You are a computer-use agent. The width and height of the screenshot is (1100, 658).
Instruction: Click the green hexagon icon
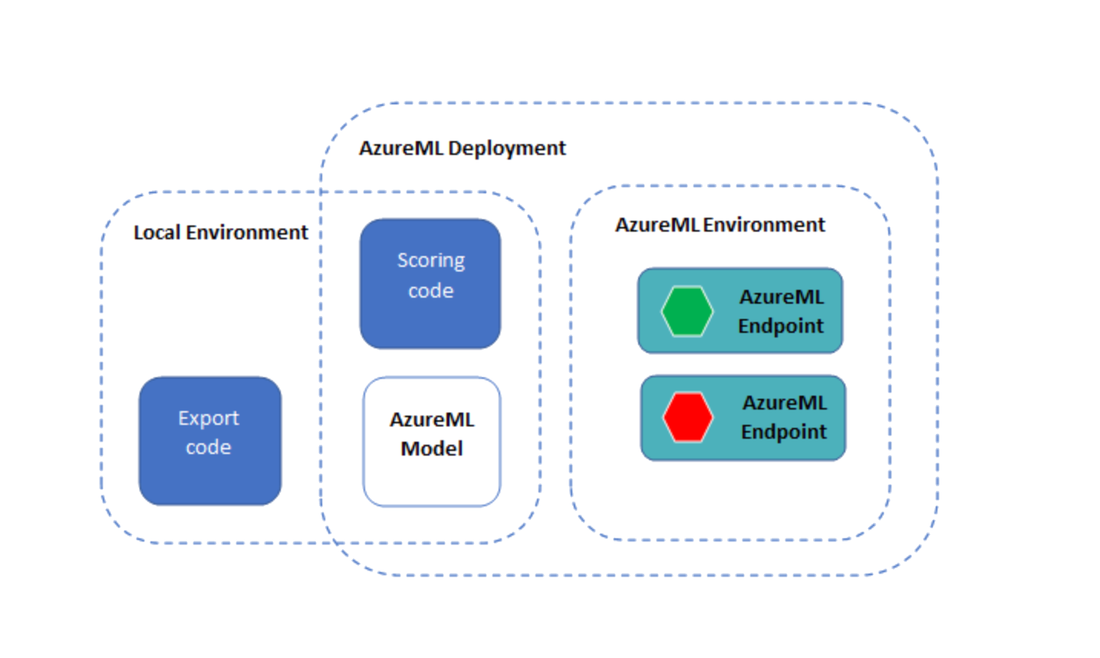coord(687,311)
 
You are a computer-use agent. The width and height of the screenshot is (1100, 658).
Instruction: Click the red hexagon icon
coord(687,418)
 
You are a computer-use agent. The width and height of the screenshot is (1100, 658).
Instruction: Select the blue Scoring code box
coord(430,284)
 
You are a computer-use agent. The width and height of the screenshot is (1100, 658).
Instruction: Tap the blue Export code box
coord(209,440)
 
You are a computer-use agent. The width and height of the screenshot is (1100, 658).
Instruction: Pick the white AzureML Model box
coord(431,441)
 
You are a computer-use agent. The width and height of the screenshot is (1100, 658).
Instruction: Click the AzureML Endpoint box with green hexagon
coord(740,311)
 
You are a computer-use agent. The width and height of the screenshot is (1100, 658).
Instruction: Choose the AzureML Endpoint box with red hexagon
coord(743,418)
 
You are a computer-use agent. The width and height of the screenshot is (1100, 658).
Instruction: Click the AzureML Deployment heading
coord(462,148)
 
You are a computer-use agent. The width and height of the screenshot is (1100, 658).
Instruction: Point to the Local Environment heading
coord(220,232)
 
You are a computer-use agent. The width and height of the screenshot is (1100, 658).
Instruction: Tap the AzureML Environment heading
coord(720,225)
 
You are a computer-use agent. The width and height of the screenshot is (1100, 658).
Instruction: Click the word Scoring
coord(430,261)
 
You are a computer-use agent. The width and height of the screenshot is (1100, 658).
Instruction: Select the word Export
coord(208,418)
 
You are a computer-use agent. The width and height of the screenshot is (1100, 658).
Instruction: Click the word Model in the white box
coord(431,449)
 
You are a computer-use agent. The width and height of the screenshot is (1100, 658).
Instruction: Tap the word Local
coord(157,232)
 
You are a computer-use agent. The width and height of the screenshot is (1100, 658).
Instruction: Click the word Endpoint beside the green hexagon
coord(780,326)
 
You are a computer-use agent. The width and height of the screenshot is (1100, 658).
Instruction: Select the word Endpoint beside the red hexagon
coord(783,432)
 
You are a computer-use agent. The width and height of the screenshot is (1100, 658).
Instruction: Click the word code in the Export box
coord(208,447)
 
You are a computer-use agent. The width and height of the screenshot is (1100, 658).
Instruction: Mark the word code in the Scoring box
coord(430,291)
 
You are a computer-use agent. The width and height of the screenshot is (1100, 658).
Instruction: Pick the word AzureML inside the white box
coord(431,419)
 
